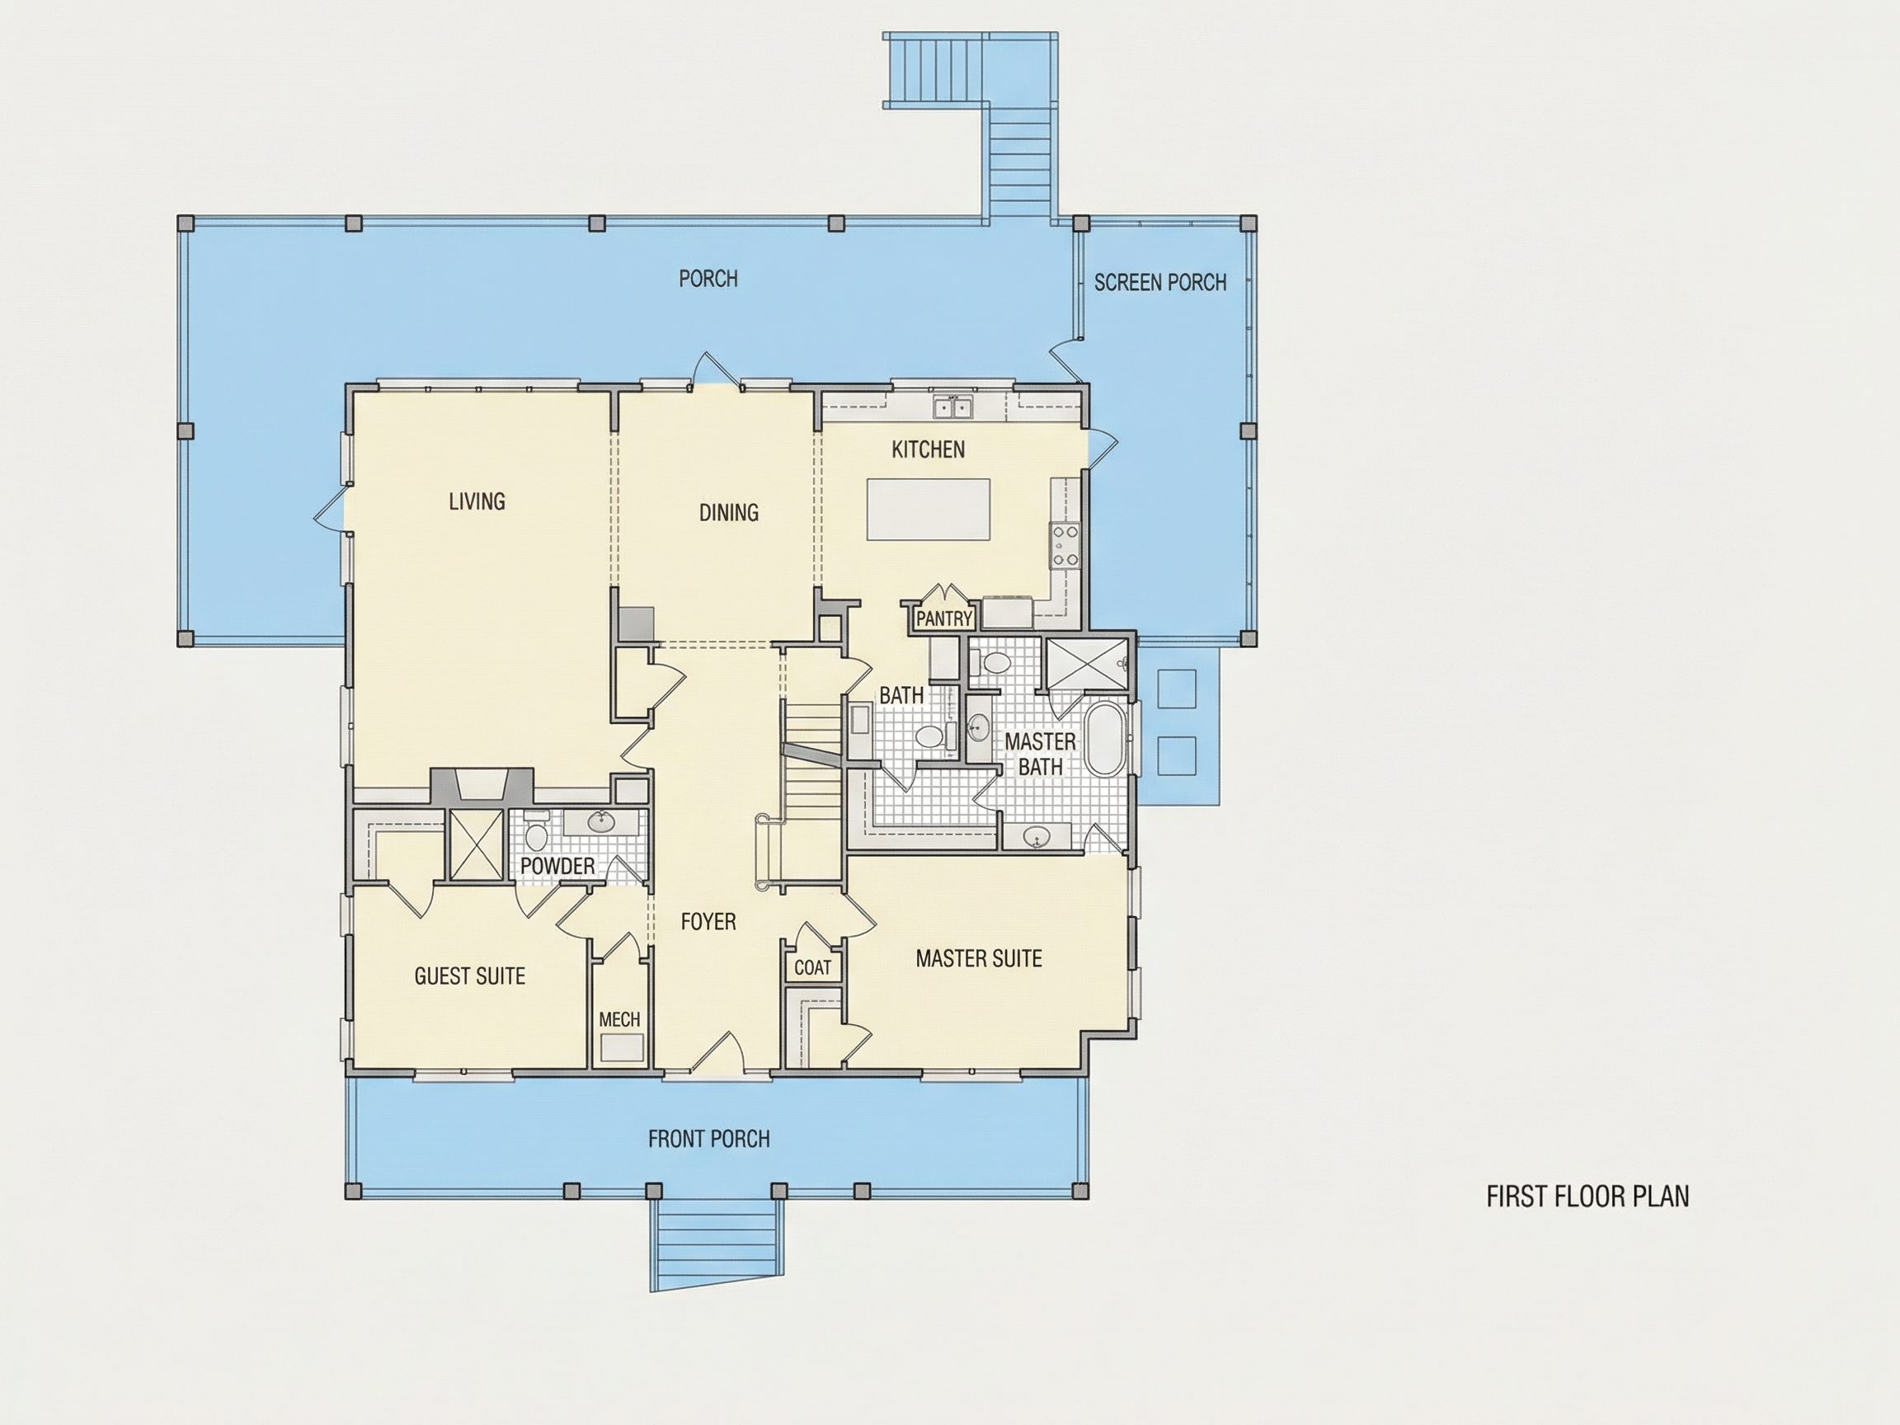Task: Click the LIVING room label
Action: [477, 501]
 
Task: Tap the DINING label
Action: [728, 513]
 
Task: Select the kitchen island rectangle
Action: [929, 510]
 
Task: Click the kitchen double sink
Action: [953, 407]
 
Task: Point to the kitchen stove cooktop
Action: [1066, 545]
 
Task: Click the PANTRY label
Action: [943, 618]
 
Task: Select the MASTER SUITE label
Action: [978, 958]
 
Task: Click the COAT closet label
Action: [812, 968]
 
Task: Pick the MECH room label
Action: [619, 1019]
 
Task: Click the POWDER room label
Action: [557, 866]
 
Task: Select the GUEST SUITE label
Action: [470, 976]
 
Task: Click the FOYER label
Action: [708, 922]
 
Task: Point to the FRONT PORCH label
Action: [708, 1139]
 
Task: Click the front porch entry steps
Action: [715, 1244]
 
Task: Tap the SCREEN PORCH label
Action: [1159, 283]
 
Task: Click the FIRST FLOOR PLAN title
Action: [1587, 1197]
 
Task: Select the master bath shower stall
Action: [1087, 663]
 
